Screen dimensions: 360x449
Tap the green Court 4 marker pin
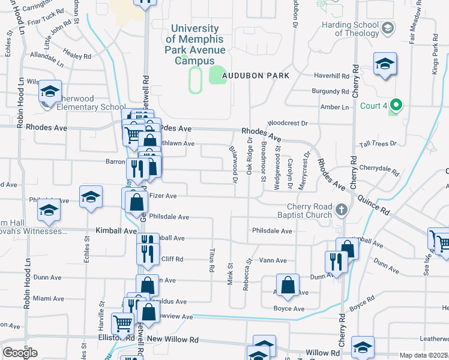(394, 106)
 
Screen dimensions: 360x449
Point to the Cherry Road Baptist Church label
(301, 211)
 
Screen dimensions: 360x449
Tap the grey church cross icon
(342, 209)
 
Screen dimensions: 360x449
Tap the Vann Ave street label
(273, 260)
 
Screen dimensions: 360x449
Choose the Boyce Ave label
(289, 309)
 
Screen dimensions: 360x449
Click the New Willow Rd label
(172, 340)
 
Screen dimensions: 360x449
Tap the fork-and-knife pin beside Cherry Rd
(335, 261)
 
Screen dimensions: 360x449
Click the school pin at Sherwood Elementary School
(50, 91)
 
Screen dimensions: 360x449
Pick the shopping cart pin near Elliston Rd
(124, 323)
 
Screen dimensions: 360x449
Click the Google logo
(20, 352)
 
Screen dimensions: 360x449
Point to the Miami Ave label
(49, 298)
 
